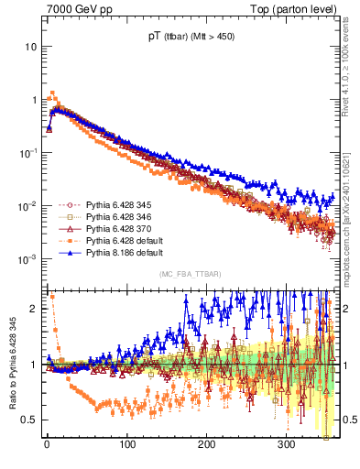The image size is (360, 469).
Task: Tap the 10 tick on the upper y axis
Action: click(30, 46)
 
